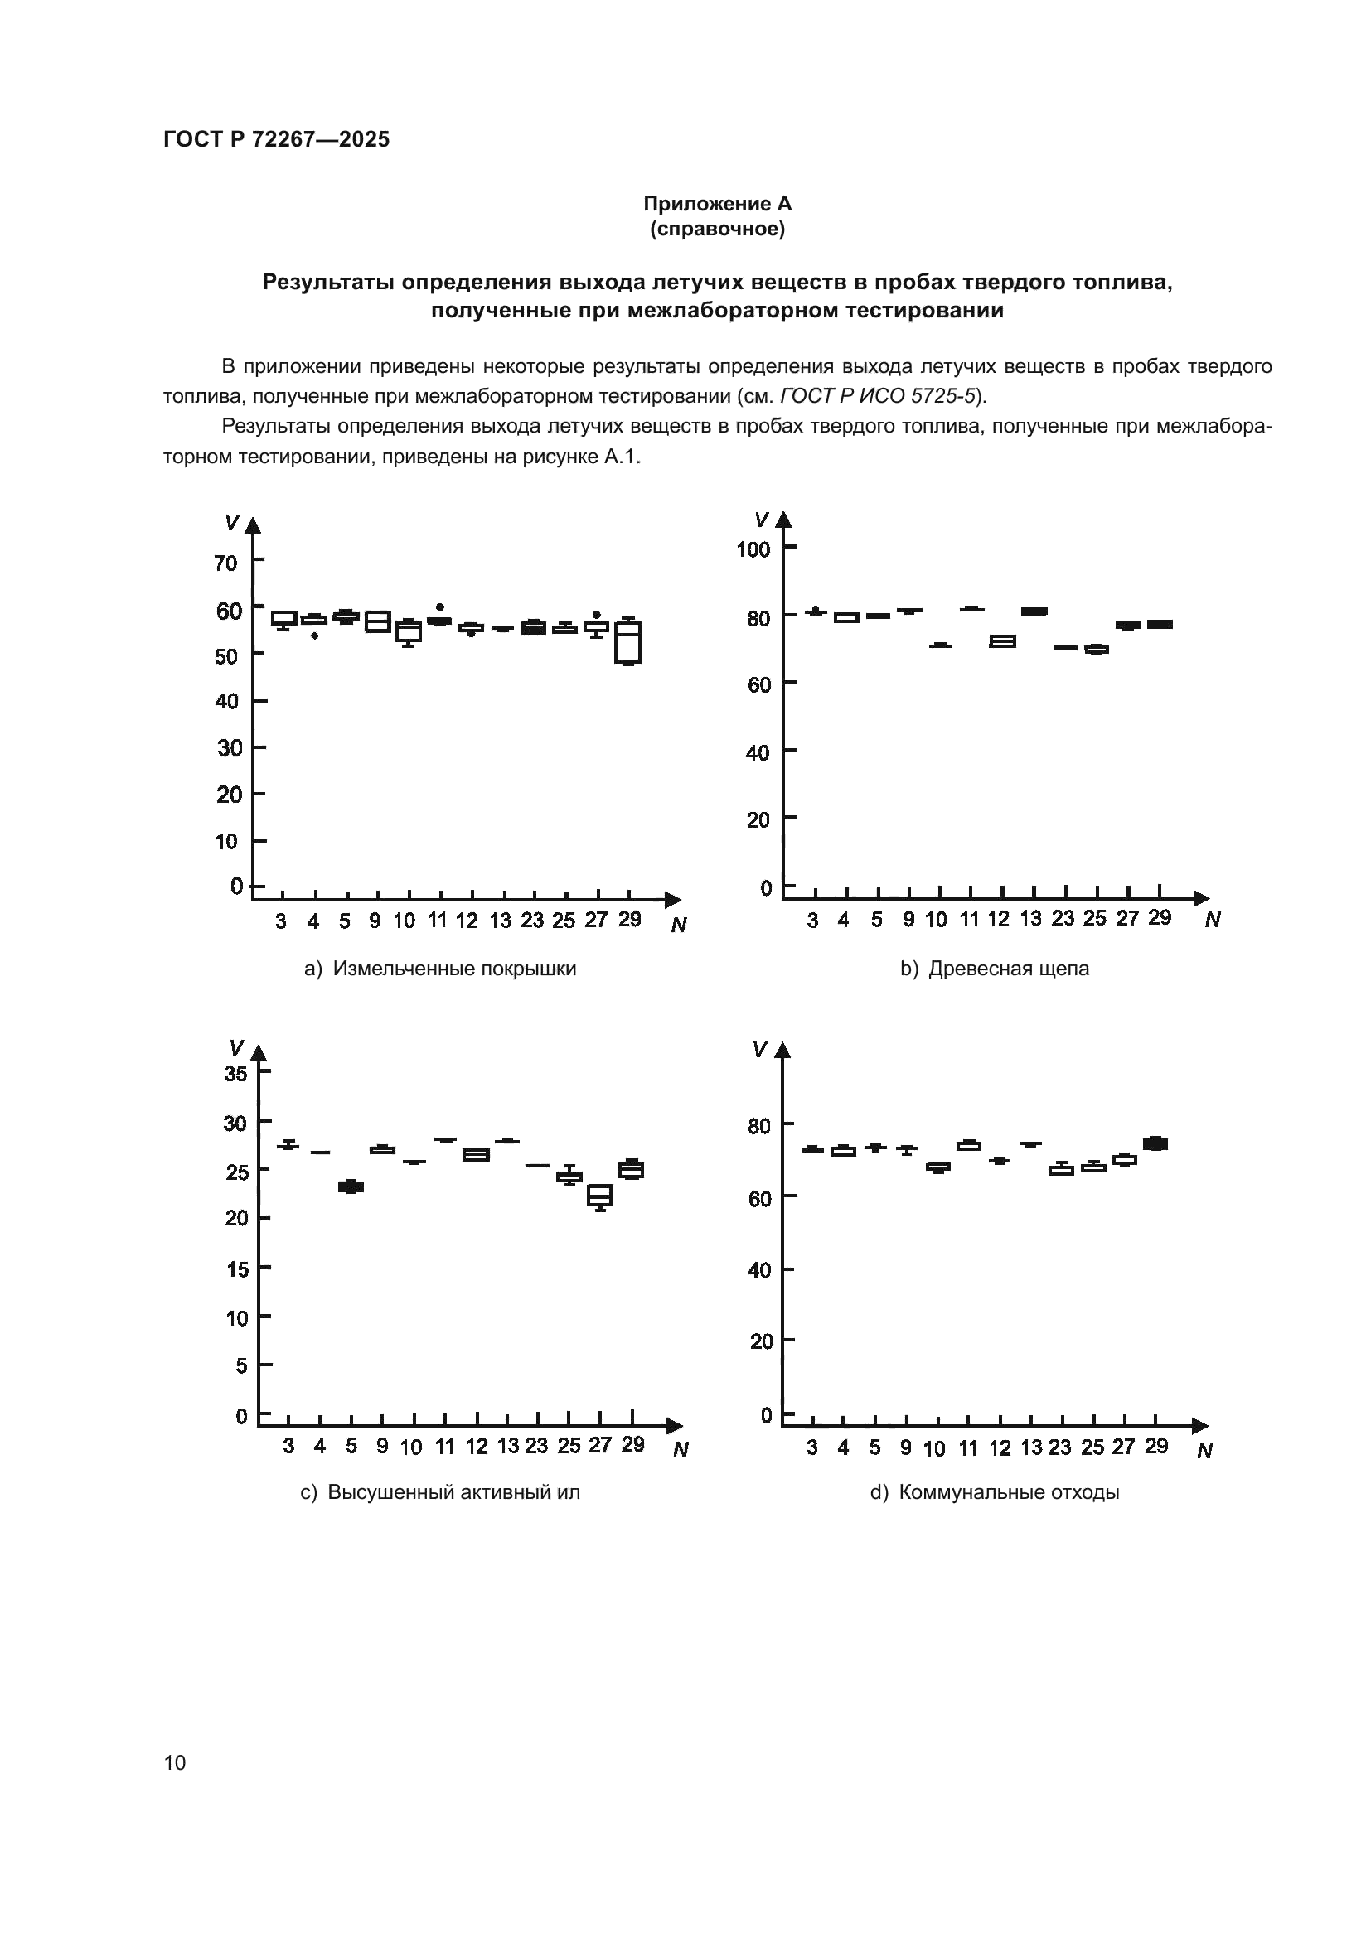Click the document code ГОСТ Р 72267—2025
coord(276,139)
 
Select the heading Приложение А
coord(717,204)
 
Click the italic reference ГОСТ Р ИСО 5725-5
coord(878,396)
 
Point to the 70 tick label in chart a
coord(226,563)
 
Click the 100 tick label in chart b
coord(753,549)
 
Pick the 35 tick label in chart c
coord(235,1074)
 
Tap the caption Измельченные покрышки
coord(454,968)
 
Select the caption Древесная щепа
coord(1009,968)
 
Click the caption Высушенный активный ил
coord(453,1491)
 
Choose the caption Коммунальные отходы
coord(1009,1491)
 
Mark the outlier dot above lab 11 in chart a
coord(440,607)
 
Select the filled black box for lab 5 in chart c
coord(351,1186)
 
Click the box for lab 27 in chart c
coord(600,1196)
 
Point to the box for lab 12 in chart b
coord(1002,641)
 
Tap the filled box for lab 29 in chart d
coord(1155,1143)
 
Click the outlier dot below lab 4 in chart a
coord(314,636)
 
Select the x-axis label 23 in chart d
coord(1059,1447)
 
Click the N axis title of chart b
coord(1213,920)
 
